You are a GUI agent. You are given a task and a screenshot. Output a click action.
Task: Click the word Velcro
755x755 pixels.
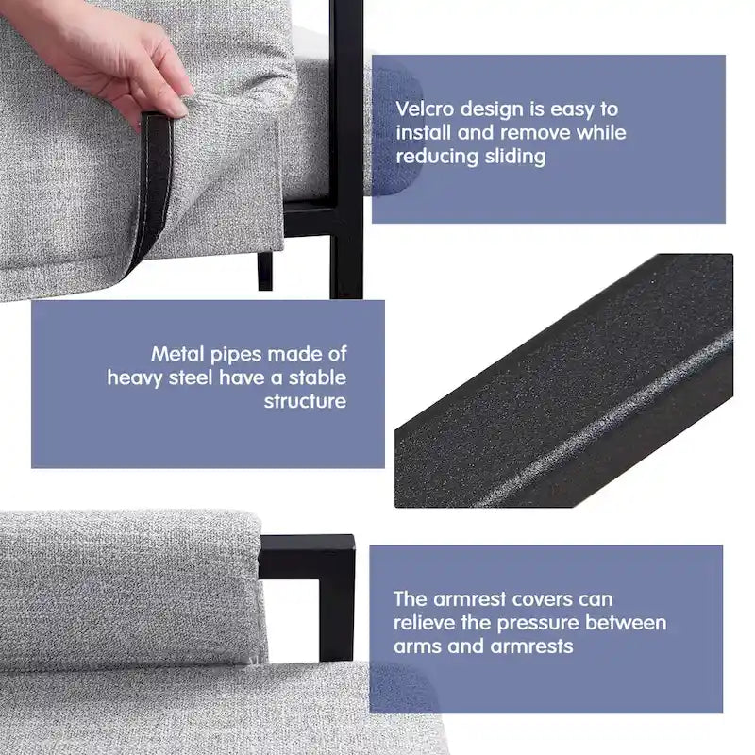pos(425,109)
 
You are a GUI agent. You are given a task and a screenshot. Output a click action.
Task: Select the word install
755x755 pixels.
pos(423,132)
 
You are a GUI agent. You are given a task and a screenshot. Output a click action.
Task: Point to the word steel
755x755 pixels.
pos(191,377)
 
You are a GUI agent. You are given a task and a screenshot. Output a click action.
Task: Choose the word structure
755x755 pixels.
pos(305,401)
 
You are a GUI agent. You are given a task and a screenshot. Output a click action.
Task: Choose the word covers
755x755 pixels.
pos(542,599)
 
